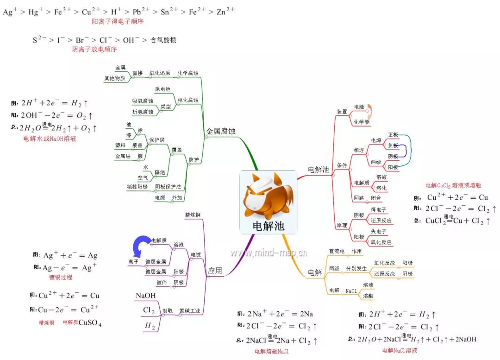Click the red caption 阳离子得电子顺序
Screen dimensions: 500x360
click(118, 21)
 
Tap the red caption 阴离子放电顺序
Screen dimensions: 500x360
click(94, 49)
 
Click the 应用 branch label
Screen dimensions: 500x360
click(215, 271)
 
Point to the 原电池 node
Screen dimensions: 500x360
click(162, 89)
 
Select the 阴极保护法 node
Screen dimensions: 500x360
click(168, 187)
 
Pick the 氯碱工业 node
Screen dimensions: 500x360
click(190, 311)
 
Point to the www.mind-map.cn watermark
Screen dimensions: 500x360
click(269, 253)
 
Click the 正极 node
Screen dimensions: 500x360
click(393, 134)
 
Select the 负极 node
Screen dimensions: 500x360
click(393, 145)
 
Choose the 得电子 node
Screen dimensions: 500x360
click(378, 210)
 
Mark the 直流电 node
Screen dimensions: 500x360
click(337, 251)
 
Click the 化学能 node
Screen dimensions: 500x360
click(362, 122)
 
